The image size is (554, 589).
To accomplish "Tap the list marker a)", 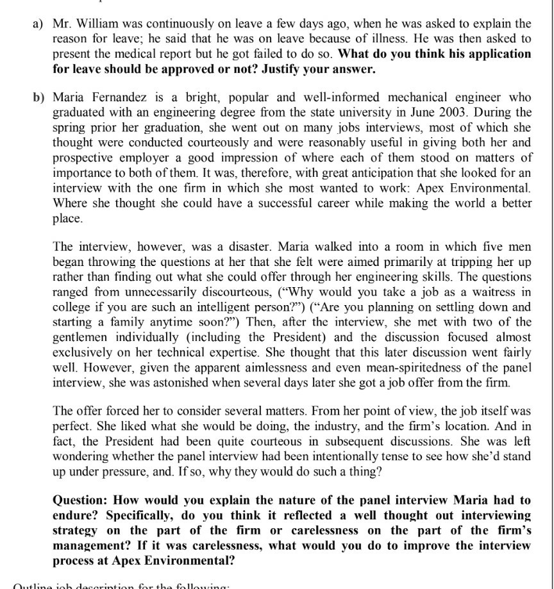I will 38,24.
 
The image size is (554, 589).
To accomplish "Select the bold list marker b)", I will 39,98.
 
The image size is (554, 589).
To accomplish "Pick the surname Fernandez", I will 112,98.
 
